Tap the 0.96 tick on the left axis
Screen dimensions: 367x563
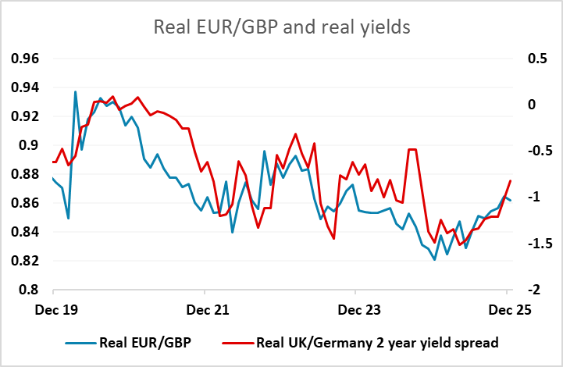pos(25,59)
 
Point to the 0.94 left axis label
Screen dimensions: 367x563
pos(25,87)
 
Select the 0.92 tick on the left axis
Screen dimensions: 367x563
pos(25,116)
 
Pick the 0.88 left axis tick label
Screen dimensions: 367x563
pos(25,174)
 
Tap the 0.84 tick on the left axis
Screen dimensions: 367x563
pos(25,232)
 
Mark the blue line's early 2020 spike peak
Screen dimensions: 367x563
pos(75,91)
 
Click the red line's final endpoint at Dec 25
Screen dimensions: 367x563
pos(511,181)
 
